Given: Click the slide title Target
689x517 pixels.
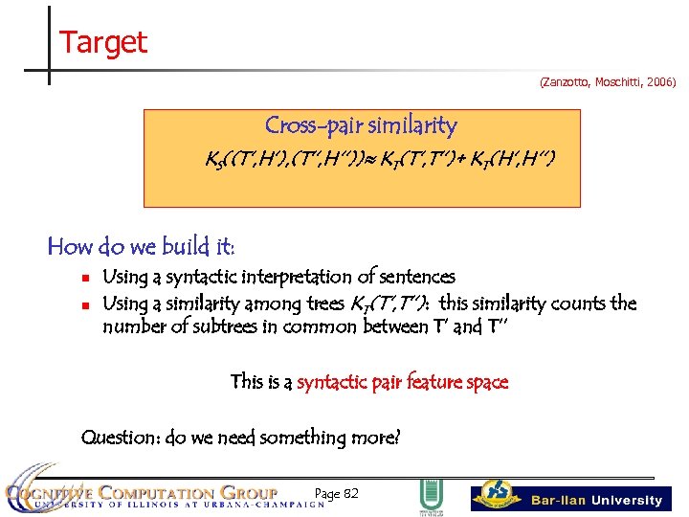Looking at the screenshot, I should click(102, 42).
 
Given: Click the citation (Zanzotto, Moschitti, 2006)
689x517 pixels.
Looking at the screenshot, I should click(608, 83).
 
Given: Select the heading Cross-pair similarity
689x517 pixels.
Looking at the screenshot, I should click(361, 125).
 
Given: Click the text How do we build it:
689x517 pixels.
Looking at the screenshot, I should click(141, 246).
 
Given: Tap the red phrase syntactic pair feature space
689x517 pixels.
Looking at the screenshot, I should click(402, 382).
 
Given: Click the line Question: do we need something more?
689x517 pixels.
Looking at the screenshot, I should click(240, 438).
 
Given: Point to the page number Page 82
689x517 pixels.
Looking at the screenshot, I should click(336, 493).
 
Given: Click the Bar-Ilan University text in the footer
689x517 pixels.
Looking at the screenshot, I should click(596, 500).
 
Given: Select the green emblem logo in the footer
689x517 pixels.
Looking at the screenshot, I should click(428, 497).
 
